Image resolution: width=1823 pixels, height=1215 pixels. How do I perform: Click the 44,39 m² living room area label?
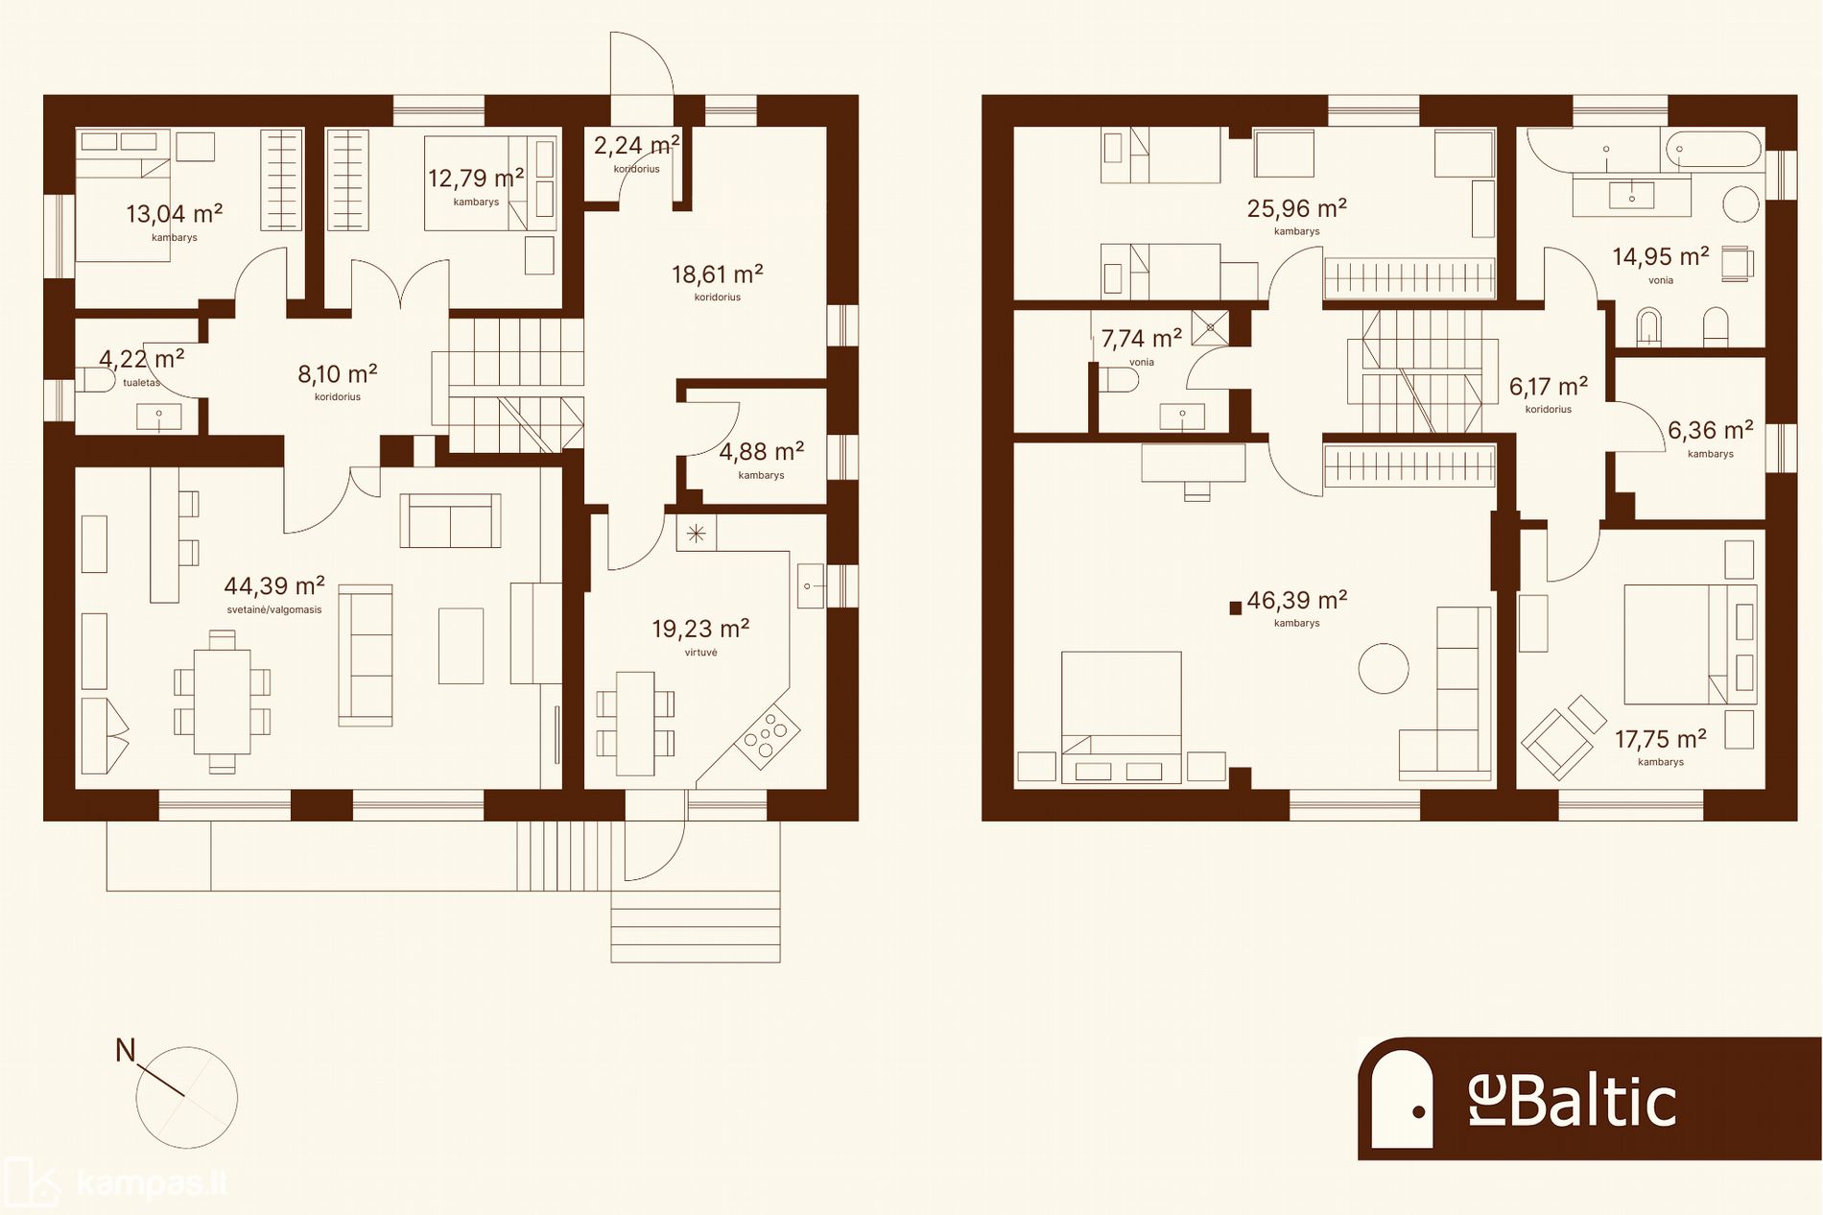(x=274, y=585)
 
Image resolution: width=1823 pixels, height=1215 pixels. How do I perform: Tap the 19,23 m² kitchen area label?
(x=700, y=629)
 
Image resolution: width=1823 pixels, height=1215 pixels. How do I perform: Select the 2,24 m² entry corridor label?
(x=637, y=145)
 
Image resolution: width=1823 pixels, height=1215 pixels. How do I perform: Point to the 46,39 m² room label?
(x=1297, y=600)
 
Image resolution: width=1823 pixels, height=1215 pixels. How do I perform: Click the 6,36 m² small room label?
(x=1711, y=430)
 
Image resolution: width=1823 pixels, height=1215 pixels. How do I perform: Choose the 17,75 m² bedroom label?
(x=1661, y=739)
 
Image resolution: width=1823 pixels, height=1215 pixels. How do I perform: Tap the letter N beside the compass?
(x=125, y=1051)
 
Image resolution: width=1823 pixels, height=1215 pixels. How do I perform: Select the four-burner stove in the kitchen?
(x=768, y=736)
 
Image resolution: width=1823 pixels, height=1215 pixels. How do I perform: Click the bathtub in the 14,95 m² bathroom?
(x=1714, y=150)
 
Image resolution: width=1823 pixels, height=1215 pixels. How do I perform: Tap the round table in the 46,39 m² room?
(x=1384, y=668)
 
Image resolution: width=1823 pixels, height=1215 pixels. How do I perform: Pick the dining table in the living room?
(x=222, y=702)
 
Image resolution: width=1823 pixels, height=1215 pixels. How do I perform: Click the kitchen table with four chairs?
(x=635, y=724)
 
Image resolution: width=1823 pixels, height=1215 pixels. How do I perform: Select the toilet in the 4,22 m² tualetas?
(x=92, y=381)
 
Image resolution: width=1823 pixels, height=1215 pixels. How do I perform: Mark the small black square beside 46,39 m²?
(x=1236, y=607)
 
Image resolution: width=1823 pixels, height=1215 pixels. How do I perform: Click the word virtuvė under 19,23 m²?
(x=701, y=653)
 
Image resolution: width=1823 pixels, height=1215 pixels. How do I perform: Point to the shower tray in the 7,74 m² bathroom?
(x=1211, y=327)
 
